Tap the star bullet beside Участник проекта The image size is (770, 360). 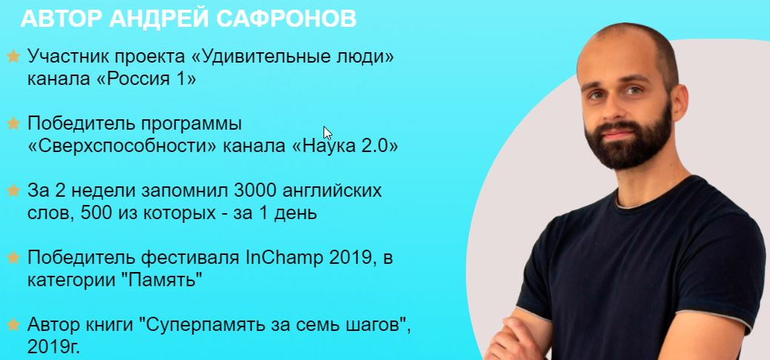[13, 56]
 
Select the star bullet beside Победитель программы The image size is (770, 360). [13, 123]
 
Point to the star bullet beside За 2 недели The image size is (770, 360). [13, 191]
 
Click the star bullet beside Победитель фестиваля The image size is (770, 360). [13, 258]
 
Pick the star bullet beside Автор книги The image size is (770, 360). [13, 325]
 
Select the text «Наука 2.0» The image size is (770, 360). [350, 146]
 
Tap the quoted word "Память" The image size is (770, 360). [167, 280]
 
